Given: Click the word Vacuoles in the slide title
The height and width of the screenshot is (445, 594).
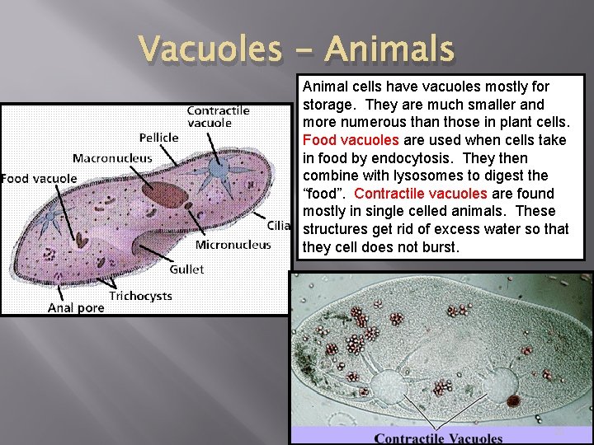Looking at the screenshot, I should coord(209,49).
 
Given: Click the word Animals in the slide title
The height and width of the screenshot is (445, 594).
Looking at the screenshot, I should coord(389,49).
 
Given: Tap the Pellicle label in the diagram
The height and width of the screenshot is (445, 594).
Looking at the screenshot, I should coord(158,138).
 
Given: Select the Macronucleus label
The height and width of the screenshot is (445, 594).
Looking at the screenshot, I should coord(112,157).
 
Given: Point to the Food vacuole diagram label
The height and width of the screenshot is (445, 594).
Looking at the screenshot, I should coord(39,177).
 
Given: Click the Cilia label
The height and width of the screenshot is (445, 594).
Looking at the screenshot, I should coord(278,225).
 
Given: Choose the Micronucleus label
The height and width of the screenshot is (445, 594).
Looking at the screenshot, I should coord(233,245).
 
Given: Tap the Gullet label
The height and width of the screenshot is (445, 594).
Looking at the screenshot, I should coord(186,269).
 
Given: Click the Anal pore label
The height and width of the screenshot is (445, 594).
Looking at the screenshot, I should coord(76,307).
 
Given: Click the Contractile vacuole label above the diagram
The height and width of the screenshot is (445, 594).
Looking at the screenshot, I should coord(218,116).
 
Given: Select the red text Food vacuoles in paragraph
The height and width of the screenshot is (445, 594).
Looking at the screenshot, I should coord(352,140).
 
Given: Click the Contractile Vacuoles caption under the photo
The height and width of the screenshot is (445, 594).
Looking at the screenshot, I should coord(438,438).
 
